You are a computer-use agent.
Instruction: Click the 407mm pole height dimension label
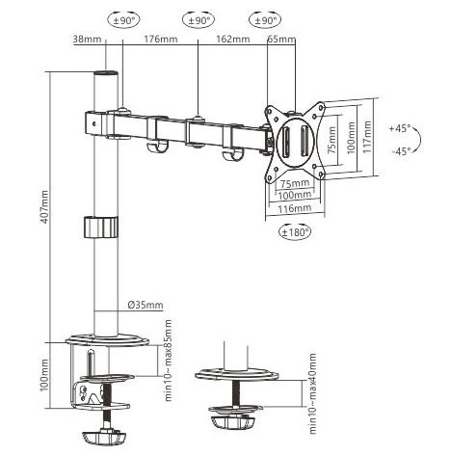point(44,207)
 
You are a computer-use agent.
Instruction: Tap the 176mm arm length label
point(160,40)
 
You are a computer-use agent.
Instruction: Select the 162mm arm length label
point(233,40)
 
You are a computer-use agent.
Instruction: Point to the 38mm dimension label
point(87,40)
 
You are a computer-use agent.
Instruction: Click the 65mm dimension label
point(281,40)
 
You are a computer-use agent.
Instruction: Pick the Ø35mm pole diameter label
point(146,305)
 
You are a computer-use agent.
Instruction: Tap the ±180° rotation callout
point(295,231)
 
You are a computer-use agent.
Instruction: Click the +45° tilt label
point(400,128)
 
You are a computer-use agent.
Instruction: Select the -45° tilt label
point(401,150)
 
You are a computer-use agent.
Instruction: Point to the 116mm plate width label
point(294,208)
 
